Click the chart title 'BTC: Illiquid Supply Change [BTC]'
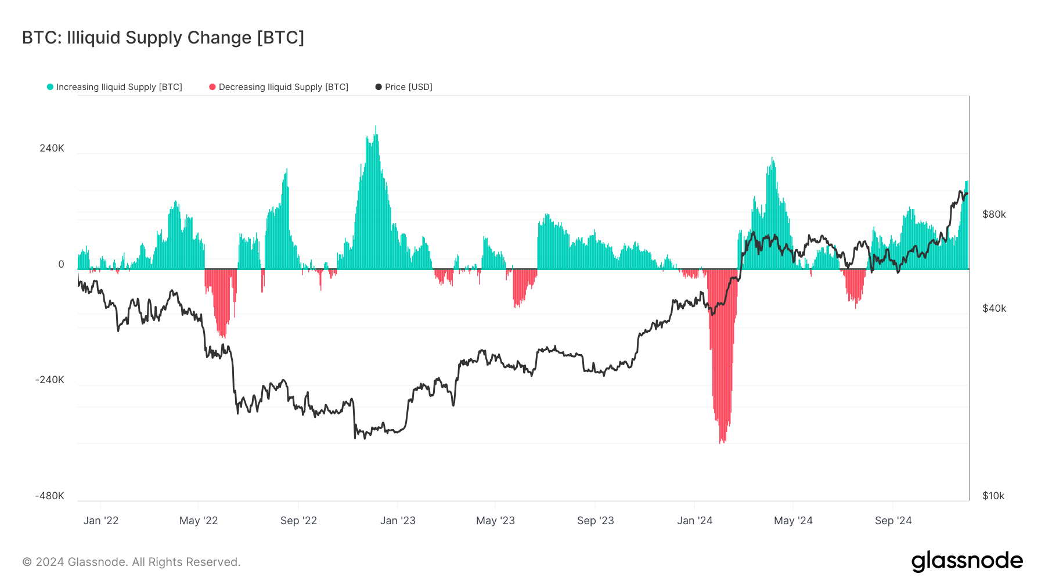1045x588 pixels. point(163,38)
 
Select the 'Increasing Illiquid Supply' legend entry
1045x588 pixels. point(118,87)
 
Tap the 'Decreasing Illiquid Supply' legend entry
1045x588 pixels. point(283,87)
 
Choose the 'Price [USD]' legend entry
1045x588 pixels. point(408,87)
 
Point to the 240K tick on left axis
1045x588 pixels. point(52,148)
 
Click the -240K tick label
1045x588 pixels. point(50,380)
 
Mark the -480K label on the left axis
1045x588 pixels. point(50,496)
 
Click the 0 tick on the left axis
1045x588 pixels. point(61,264)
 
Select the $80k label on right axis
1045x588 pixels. point(994,214)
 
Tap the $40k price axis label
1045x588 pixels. point(994,308)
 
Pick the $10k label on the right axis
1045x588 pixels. point(993,496)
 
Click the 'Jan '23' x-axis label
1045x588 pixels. point(398,521)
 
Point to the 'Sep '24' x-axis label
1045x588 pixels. point(893,521)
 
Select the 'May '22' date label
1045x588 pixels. point(199,521)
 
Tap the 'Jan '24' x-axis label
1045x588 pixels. point(694,521)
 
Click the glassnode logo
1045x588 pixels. point(967,561)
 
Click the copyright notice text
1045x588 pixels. point(131,562)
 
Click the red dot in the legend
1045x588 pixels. point(212,87)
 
